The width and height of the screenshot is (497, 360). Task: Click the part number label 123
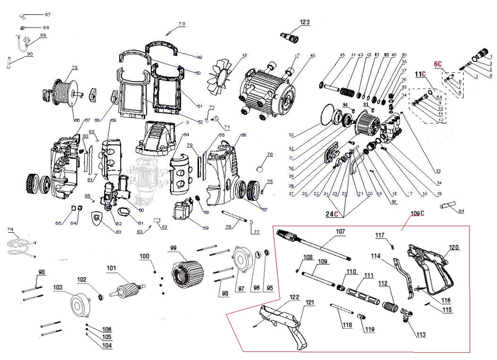(x=304, y=22)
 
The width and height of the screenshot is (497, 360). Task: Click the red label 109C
(x=417, y=214)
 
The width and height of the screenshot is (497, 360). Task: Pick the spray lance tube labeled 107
(x=319, y=247)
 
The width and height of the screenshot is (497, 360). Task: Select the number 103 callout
(x=58, y=288)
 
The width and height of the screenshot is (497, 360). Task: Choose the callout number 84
(x=461, y=211)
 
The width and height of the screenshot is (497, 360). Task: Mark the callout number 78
(x=269, y=155)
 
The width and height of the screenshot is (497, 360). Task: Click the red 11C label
(x=420, y=74)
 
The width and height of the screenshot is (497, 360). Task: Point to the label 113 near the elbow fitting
(x=421, y=335)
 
